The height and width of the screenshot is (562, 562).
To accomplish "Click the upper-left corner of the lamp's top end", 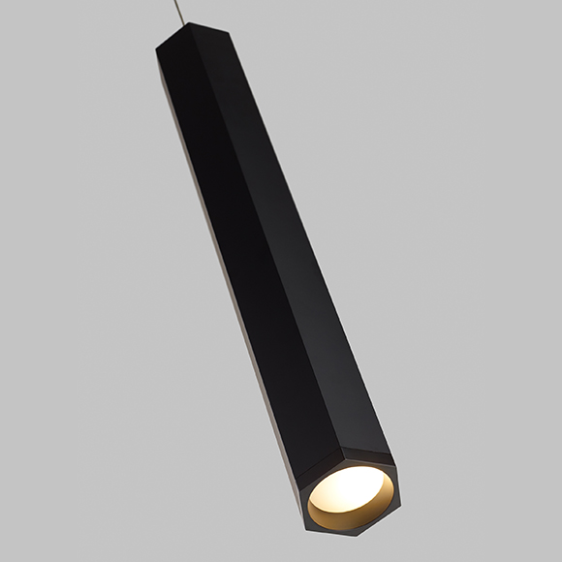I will pos(157,50).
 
